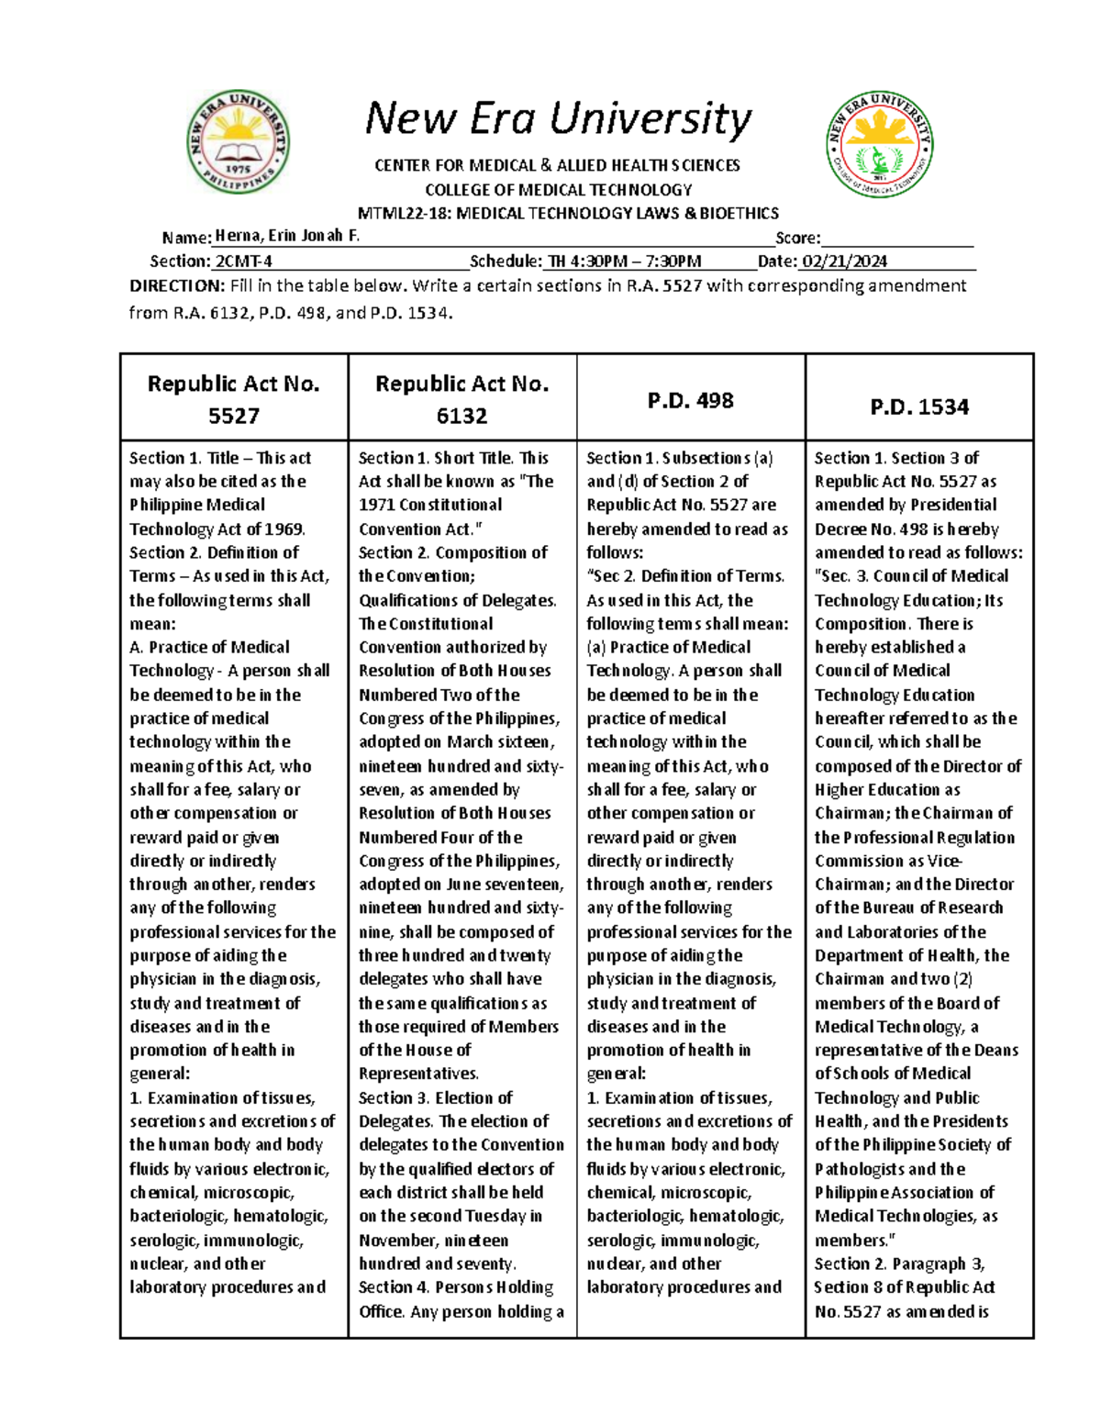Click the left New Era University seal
239,142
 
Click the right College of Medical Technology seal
880,143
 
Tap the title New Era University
558,119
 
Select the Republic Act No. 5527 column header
234,399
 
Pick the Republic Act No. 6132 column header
462,399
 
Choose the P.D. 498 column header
690,401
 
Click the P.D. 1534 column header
919,406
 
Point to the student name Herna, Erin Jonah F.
287,236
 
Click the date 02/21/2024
844,262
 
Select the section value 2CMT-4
243,262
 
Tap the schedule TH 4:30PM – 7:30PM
624,262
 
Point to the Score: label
797,238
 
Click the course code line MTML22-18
567,214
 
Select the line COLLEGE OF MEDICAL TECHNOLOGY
558,190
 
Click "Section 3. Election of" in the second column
435,1097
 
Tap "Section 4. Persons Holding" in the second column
455,1287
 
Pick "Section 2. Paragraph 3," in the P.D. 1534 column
899,1264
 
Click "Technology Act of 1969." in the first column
217,529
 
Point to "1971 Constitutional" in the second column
430,505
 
